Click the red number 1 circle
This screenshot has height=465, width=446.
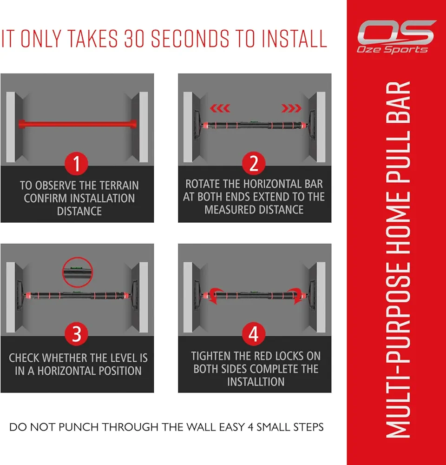pyautogui.click(x=77, y=163)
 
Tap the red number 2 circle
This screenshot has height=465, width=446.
pyautogui.click(x=254, y=163)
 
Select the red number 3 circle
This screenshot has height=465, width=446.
pyautogui.click(x=77, y=333)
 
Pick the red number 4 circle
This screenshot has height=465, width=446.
pyautogui.click(x=254, y=333)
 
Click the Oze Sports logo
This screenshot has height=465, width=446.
pyautogui.click(x=396, y=37)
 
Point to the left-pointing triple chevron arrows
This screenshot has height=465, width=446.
pyautogui.click(x=220, y=108)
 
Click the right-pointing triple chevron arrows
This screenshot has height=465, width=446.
pyautogui.click(x=291, y=108)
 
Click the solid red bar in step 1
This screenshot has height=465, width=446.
pyautogui.click(x=78, y=124)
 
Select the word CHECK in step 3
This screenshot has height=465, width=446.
pyautogui.click(x=24, y=358)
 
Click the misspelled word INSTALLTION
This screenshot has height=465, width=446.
pyautogui.click(x=256, y=382)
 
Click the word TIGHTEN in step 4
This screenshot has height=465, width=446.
pyautogui.click(x=211, y=356)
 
